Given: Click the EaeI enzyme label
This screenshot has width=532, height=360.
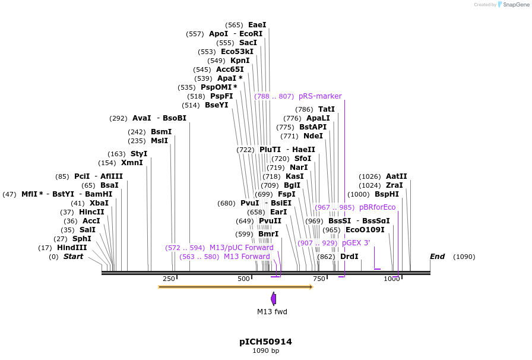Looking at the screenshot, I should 257,25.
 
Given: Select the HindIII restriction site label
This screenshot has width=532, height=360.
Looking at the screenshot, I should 72,248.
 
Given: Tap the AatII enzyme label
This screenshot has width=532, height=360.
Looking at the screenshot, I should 396,176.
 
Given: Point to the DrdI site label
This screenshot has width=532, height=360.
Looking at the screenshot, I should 349,257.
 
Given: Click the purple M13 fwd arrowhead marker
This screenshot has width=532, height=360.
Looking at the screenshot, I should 273,298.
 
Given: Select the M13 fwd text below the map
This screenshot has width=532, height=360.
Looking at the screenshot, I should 272,311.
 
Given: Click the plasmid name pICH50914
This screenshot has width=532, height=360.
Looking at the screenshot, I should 265,342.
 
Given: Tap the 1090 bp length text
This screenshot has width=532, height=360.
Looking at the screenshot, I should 265,351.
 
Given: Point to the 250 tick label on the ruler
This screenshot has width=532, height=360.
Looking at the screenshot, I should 169,279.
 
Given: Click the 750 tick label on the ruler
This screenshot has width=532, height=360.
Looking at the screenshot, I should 319,279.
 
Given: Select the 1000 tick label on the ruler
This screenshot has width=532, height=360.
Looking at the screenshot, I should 391,279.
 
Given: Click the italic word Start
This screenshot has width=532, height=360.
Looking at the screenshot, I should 74,257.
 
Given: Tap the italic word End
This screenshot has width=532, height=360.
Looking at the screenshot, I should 437,257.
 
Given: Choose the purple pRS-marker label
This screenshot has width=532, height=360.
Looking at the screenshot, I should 320,96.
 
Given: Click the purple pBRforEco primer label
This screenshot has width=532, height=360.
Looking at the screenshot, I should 377,207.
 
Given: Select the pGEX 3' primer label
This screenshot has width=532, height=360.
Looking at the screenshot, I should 356,243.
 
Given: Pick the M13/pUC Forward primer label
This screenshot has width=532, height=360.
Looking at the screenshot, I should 241,248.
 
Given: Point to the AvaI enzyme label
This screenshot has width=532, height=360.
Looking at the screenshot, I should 141,118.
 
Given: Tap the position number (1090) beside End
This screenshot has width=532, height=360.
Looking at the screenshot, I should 464,257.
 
